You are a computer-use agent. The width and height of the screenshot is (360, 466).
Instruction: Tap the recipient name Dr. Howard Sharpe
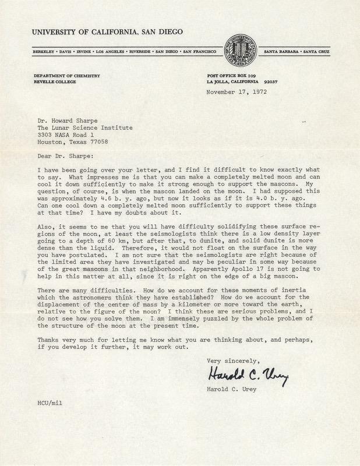point(66,118)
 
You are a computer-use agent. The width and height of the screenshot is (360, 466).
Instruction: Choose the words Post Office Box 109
point(232,76)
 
